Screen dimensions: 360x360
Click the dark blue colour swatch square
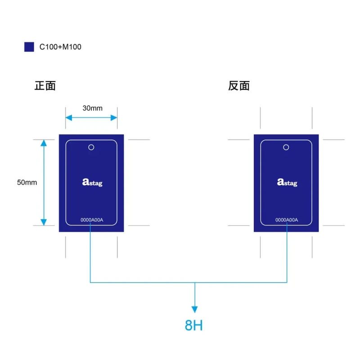coord(29,47)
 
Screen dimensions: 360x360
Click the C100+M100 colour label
coord(60,47)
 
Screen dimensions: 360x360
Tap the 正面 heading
coord(45,85)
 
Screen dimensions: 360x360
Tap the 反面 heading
coord(239,85)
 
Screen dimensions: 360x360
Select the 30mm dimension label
coord(92,108)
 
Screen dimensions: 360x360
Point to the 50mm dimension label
coord(27,182)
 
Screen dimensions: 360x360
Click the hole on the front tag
coord(91,147)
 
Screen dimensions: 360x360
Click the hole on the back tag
coord(286,147)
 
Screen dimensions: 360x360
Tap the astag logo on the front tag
coord(92,182)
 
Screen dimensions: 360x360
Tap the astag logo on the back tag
coord(287,182)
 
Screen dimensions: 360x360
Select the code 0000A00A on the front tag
coord(92,220)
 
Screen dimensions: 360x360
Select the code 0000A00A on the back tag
coord(287,220)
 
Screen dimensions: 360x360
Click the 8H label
coord(194,325)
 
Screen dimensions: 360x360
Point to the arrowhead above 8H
coord(194,309)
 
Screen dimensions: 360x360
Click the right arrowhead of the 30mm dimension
coord(114,118)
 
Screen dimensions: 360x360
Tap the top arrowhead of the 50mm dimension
coord(44,143)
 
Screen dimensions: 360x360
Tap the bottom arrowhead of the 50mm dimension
coord(44,222)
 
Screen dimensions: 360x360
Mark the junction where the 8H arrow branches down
coord(194,283)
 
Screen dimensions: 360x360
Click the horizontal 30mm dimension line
coord(92,118)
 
